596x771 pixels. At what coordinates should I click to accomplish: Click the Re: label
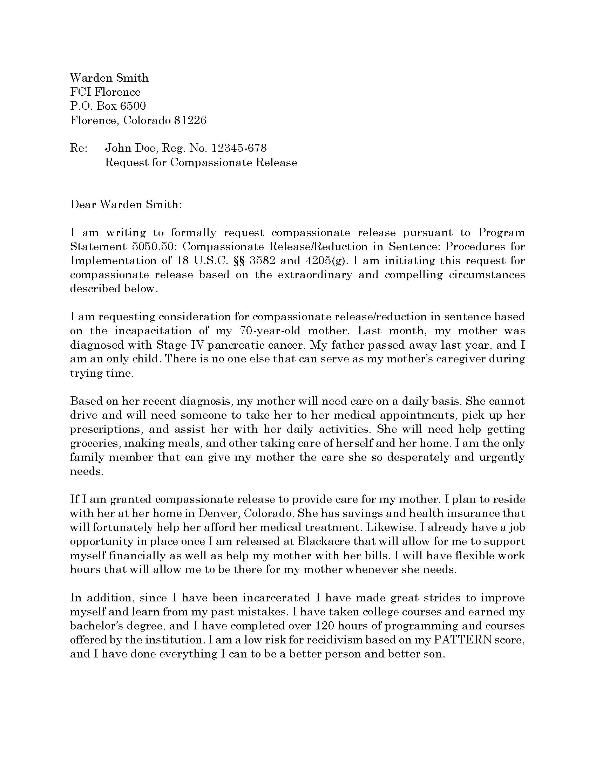(79, 148)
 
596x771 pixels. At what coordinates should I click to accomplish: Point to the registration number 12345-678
(239, 148)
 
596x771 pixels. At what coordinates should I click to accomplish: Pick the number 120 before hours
(324, 626)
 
